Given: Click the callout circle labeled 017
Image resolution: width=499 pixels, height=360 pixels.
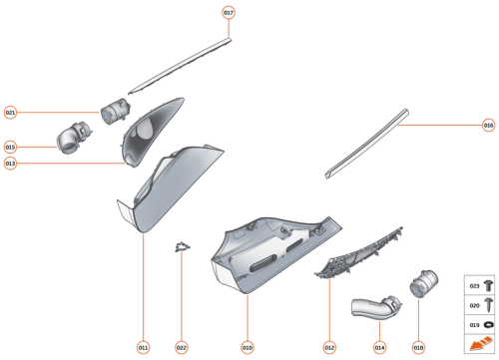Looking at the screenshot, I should [x=229, y=13].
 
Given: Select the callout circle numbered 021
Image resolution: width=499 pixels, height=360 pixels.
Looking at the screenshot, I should [x=11, y=113].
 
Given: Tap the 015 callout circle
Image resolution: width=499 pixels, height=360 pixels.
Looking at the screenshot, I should [x=11, y=147].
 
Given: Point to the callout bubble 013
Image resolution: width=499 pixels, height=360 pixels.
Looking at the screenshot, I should [x=11, y=164].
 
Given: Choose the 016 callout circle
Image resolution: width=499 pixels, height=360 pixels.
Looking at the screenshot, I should [x=488, y=126].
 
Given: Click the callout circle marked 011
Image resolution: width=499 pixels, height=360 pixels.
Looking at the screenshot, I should [x=144, y=347].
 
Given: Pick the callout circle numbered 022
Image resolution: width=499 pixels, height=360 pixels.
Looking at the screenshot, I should [x=182, y=347].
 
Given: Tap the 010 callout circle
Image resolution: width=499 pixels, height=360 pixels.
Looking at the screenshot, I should [x=248, y=347].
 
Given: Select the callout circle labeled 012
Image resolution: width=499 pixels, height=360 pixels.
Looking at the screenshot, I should [x=329, y=347].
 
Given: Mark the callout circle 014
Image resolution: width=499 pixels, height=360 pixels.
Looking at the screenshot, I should [x=379, y=347].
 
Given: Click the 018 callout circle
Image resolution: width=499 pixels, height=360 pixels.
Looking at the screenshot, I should [x=418, y=347].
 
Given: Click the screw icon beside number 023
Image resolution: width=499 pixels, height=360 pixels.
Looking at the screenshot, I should [x=490, y=286].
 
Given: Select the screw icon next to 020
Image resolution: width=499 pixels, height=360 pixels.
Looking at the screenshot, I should [x=490, y=306].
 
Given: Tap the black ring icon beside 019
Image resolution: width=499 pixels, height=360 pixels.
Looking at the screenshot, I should [x=490, y=325].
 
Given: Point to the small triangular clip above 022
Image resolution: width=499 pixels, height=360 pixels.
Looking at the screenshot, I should [x=182, y=245].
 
